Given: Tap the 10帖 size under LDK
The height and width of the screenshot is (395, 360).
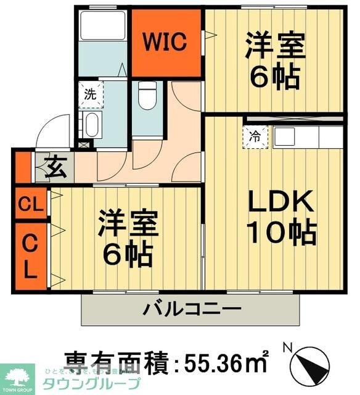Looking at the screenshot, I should click(x=281, y=232).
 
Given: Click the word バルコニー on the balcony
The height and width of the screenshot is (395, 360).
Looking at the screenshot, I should click(x=193, y=308).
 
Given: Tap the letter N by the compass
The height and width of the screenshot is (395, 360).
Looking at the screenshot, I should click(x=287, y=347).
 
